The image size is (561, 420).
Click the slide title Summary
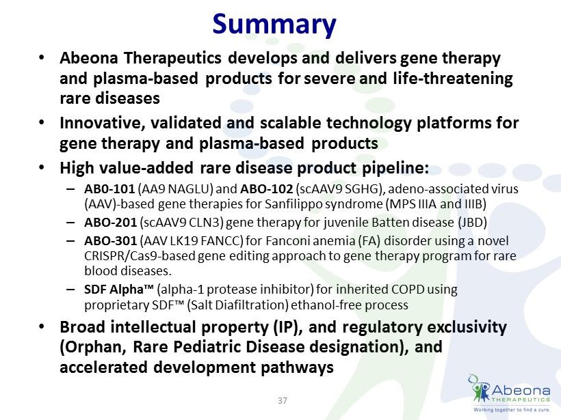pyautogui.click(x=274, y=25)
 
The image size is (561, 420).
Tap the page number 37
pyautogui.click(x=283, y=400)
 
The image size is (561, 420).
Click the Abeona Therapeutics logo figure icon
pyautogui.click(x=479, y=388)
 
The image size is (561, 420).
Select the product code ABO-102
pyautogui.click(x=267, y=188)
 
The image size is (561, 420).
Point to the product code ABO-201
pyautogui.click(x=111, y=222)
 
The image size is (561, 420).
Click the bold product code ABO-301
pyautogui.click(x=111, y=240)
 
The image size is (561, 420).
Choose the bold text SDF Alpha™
pyautogui.click(x=119, y=289)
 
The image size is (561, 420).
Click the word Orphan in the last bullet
pyautogui.click(x=92, y=347)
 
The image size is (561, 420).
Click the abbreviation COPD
pyautogui.click(x=408, y=290)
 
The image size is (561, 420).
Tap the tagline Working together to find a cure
pyautogui.click(x=512, y=410)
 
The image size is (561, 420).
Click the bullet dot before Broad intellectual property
pyautogui.click(x=42, y=326)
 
